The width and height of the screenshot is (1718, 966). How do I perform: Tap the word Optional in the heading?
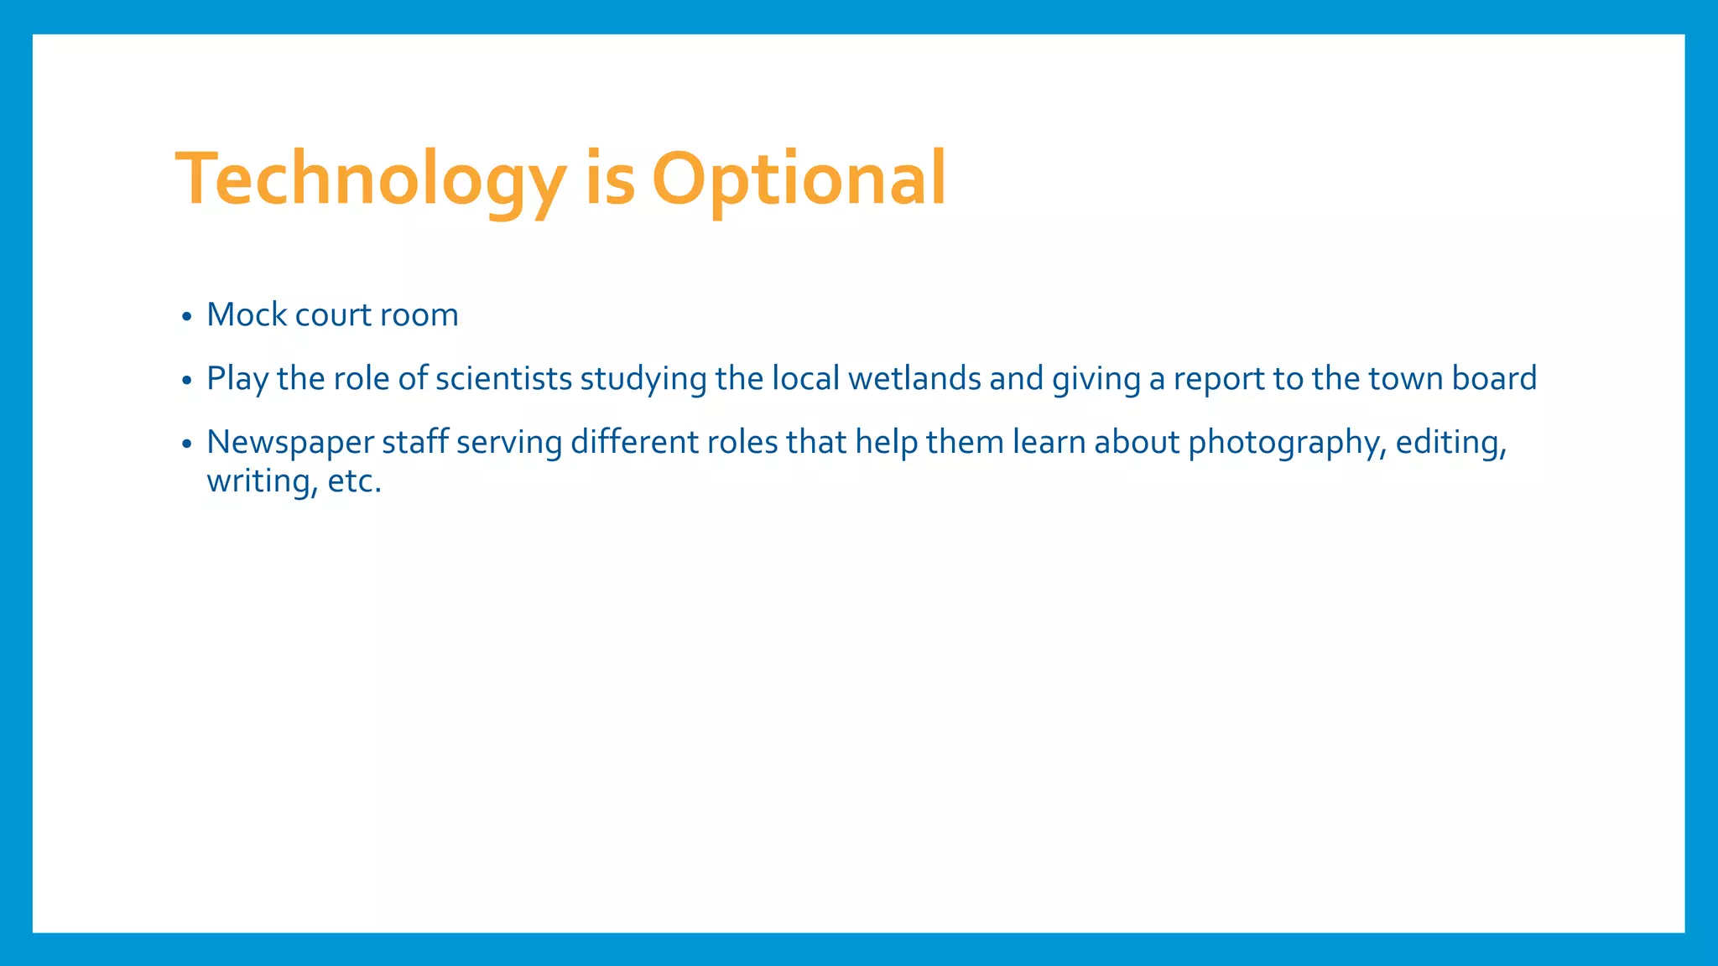point(799,179)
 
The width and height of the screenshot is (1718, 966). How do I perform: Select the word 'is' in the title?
point(610,179)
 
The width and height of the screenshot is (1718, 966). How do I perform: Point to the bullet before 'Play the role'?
point(187,382)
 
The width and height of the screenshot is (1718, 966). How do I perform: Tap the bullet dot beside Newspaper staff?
point(187,445)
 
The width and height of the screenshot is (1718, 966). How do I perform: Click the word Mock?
point(247,315)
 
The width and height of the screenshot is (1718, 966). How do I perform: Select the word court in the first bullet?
point(333,315)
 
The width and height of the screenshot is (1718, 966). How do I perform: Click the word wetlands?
point(914,379)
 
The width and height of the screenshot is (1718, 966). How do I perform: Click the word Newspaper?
point(290,443)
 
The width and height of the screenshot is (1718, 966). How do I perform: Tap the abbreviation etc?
point(354,481)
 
